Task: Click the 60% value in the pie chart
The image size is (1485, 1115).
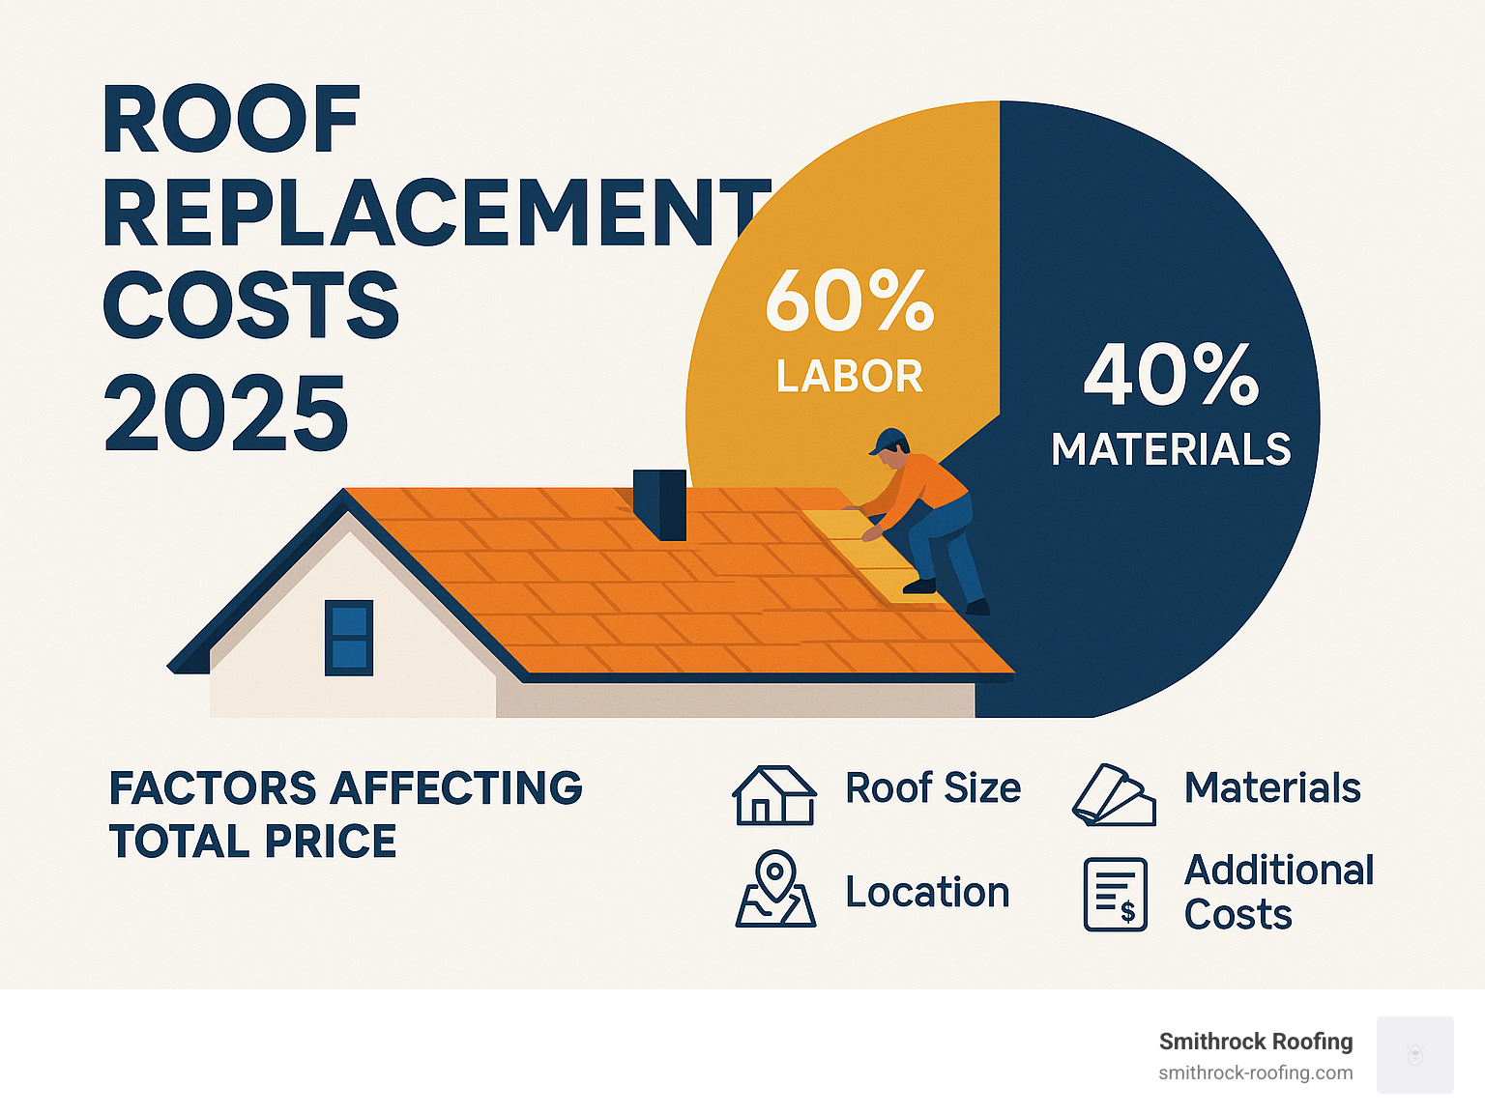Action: tap(849, 300)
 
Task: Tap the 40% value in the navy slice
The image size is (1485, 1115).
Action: tap(1171, 375)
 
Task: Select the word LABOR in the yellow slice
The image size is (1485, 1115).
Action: tap(849, 377)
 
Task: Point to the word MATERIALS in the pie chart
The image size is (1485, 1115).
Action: tap(1171, 450)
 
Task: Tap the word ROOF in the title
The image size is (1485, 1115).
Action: tap(231, 121)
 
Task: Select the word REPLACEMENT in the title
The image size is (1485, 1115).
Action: tap(435, 214)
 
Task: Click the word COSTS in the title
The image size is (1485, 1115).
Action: tap(250, 305)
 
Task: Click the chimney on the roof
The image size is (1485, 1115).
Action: tap(658, 503)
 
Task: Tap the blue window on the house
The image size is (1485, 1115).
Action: tap(348, 637)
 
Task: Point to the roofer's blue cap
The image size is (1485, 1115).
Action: tap(888, 441)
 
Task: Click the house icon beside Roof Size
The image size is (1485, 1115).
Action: tap(773, 794)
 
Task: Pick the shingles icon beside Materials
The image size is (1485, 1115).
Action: tap(1114, 795)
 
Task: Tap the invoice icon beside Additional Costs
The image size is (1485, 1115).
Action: tap(1115, 894)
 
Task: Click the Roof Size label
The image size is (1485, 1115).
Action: tap(932, 788)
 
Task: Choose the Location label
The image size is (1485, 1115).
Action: tap(926, 892)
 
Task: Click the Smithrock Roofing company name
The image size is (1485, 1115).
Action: tap(1255, 1042)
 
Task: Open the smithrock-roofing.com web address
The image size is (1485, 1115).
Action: tap(1255, 1072)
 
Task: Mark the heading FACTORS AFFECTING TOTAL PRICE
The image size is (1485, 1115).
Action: tap(345, 815)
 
